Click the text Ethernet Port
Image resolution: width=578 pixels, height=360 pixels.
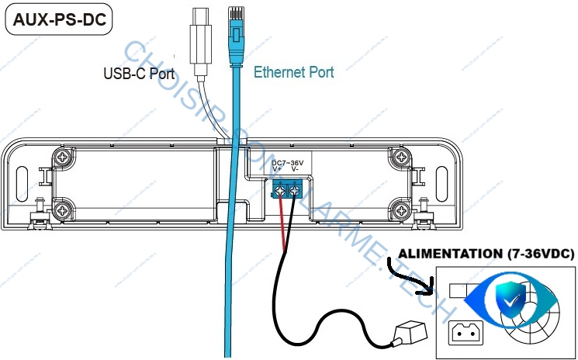[x=294, y=72]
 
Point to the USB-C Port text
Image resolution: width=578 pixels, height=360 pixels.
[x=139, y=74]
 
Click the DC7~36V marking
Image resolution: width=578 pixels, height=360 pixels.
[x=289, y=163]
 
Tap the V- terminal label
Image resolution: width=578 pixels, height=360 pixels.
[x=296, y=170]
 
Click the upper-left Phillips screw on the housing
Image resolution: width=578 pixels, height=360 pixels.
[x=61, y=158]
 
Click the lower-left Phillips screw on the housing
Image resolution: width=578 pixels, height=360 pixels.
[x=61, y=209]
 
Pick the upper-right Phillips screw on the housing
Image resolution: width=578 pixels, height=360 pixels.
[x=400, y=158]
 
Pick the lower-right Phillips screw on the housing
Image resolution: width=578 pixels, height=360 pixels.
[x=400, y=209]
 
